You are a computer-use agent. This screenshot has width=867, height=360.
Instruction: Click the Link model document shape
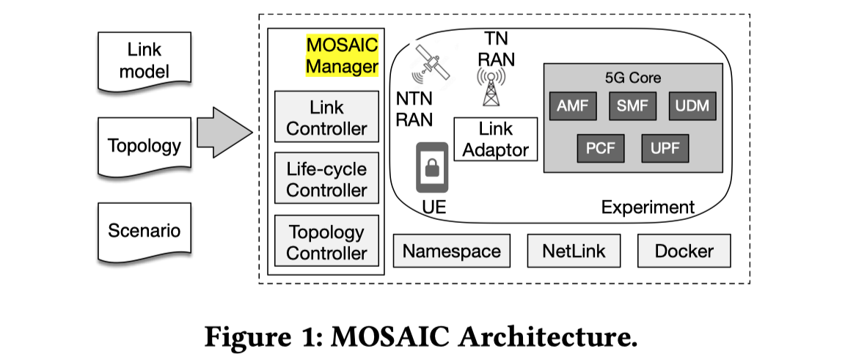pos(144,62)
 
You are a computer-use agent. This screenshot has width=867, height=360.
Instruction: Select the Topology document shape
pos(144,145)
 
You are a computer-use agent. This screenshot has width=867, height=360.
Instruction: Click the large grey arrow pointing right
pos(224,133)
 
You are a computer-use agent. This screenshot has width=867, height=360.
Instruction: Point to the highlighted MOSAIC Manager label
pos(342,56)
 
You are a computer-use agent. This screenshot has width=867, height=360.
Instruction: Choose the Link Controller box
pos(326,117)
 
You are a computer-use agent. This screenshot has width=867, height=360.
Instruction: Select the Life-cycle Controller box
pos(326,179)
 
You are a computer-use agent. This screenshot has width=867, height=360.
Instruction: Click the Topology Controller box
pos(326,242)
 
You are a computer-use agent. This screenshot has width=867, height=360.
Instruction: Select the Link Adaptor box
pos(496,139)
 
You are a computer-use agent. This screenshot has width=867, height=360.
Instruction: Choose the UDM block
pos(692,106)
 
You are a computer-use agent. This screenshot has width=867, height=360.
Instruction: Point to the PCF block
pos(600,149)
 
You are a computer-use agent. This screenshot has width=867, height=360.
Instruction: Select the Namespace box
pos(452,251)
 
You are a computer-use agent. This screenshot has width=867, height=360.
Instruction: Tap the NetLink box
pos(574,251)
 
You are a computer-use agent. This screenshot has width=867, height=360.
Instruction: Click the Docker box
pos(684,251)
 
